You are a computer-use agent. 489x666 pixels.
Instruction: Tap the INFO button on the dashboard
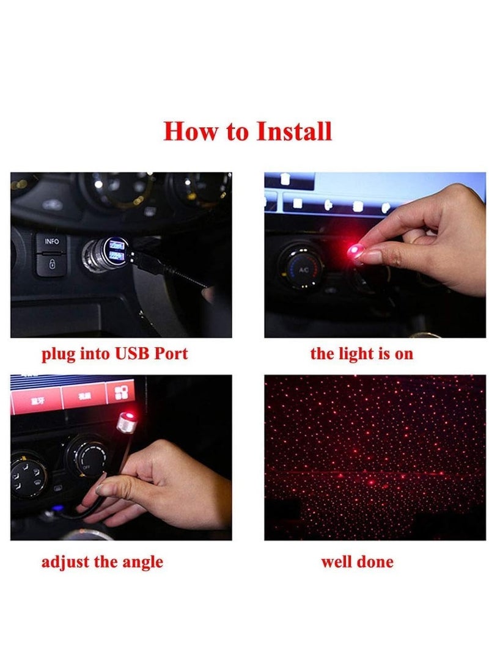click(52, 242)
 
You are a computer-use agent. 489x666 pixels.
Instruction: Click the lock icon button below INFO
click(51, 265)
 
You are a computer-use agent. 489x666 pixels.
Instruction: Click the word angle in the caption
click(143, 562)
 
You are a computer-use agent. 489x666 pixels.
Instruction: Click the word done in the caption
click(375, 562)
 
